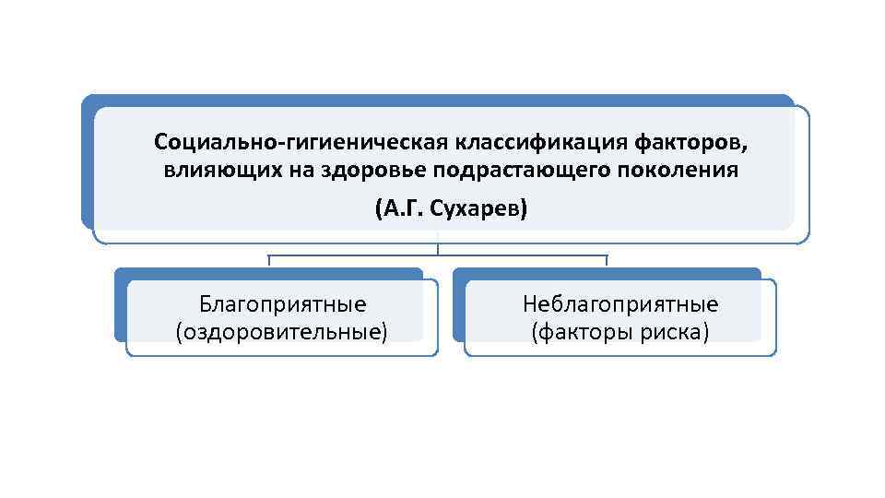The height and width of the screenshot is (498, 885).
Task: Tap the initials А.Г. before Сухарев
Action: pos(400,208)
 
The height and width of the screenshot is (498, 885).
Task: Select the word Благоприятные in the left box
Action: pos(282,304)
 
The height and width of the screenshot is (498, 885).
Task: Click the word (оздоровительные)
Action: pos(281,331)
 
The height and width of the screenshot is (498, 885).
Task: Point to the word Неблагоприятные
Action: pos(620,304)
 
